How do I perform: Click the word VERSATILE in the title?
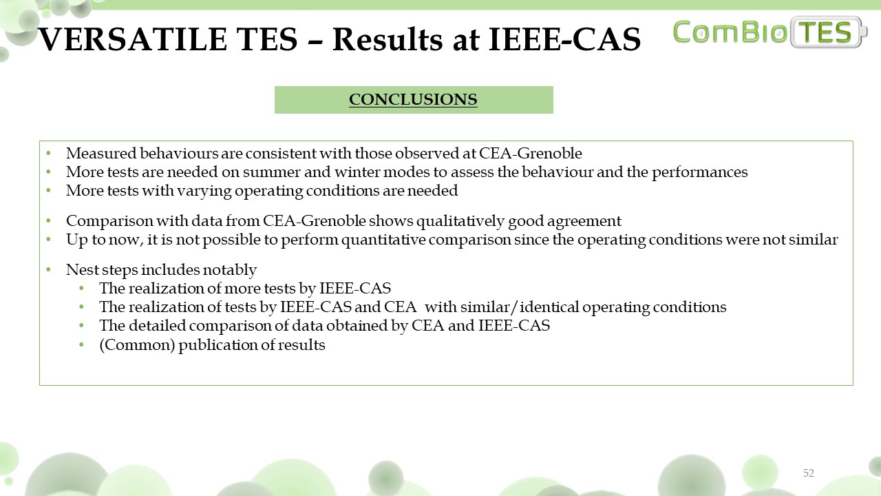click(x=133, y=39)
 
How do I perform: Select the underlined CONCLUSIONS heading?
click(x=413, y=99)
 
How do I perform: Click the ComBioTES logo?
click(x=769, y=32)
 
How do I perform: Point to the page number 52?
click(x=808, y=473)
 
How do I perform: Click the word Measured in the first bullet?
click(x=101, y=153)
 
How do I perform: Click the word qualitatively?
click(x=460, y=221)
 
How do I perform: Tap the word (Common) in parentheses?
click(x=137, y=345)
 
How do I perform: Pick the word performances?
click(x=700, y=172)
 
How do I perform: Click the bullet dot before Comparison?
click(x=48, y=221)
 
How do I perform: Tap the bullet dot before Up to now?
click(x=48, y=239)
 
